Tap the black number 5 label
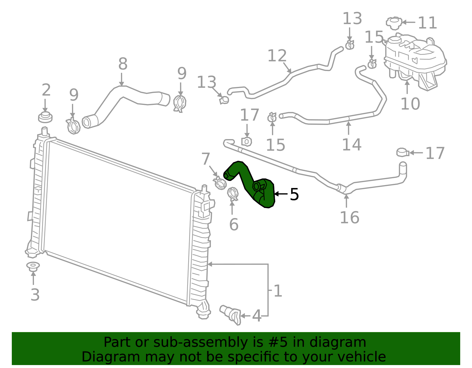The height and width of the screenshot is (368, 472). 294,194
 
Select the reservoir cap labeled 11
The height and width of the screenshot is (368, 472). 394,23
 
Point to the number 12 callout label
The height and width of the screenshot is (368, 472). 277,56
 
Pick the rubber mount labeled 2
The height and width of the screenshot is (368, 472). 45,117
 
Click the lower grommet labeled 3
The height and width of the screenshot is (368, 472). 33,266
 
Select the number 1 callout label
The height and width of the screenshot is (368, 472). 278,291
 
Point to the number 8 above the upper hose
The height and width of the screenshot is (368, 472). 123,64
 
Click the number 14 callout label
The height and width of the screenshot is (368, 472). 351,145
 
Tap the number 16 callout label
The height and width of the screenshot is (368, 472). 350,218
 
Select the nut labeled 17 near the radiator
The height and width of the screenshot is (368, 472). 247,142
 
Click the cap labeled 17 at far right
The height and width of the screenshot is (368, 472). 402,152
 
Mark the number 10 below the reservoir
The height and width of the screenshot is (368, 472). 410,104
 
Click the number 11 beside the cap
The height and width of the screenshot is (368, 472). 427,23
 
